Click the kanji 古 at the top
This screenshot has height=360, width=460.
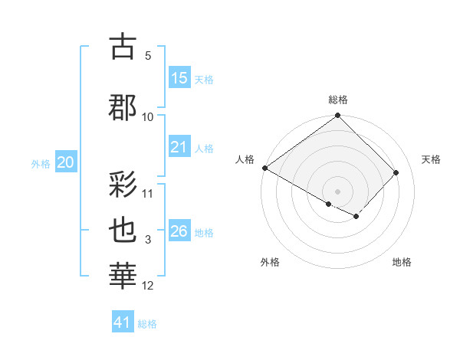(124, 47)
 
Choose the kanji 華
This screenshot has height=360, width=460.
(124, 275)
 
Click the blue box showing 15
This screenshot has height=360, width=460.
(179, 78)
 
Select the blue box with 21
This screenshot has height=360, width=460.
(179, 147)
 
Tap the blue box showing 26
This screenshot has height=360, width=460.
(179, 231)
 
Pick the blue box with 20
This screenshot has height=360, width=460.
(65, 162)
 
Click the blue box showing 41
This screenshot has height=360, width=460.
(123, 322)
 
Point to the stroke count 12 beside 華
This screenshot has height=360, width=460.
(148, 286)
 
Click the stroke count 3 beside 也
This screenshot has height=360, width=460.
(148, 241)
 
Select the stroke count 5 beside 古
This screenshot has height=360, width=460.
(148, 56)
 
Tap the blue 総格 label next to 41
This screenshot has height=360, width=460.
(148, 324)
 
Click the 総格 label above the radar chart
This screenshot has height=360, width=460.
(337, 100)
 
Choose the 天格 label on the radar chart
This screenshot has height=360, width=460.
(431, 159)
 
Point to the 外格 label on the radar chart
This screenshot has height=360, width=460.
(269, 262)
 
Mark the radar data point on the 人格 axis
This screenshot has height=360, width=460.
(264, 168)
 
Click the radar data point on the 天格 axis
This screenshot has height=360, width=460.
(396, 172)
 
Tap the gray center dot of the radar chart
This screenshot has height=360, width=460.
(337, 191)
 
